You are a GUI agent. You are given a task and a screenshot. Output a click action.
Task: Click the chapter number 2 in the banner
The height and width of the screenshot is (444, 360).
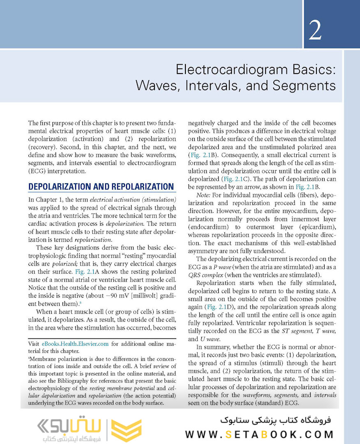coord(315,30)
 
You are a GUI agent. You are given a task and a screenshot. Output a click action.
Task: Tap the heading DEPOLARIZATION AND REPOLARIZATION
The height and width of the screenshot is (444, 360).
coord(101,187)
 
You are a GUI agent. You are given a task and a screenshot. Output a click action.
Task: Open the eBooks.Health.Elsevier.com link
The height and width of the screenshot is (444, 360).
coord(75,344)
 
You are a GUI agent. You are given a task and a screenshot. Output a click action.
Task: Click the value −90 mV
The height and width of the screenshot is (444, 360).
coord(128,295)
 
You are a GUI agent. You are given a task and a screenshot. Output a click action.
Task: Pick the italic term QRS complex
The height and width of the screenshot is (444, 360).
coord(204,275)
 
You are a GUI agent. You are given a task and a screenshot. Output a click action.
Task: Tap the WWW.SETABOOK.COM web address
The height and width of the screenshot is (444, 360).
coord(259,434)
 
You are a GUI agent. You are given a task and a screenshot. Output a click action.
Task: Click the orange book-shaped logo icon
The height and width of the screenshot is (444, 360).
coord(127,430)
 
